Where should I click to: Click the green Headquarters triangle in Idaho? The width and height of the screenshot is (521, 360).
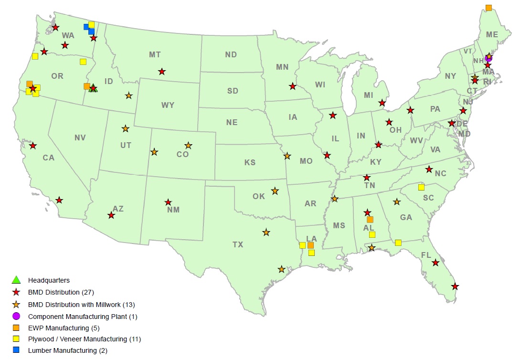94,88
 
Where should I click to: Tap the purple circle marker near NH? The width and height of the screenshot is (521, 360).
488,59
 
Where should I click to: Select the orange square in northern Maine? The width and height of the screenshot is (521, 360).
489,8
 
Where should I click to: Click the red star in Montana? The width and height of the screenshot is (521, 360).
162,72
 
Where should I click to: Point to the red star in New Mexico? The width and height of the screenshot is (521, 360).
168,202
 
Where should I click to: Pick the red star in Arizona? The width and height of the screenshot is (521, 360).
111,216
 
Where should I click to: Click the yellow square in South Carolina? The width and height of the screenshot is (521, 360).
421,187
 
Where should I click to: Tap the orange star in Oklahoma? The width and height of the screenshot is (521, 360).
275,191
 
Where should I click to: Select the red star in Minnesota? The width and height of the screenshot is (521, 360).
292,86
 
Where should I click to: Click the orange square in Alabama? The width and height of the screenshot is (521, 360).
370,220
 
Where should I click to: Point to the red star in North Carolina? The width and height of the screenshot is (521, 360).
429,169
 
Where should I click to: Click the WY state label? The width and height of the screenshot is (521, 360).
168,105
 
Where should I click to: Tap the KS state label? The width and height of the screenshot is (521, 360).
250,162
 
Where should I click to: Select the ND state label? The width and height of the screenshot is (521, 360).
231,55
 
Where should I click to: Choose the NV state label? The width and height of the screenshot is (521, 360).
80,138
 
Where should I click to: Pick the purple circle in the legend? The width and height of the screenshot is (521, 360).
16,316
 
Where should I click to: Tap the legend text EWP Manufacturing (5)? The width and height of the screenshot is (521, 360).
64,328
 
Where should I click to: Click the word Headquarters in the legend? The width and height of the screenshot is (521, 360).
49,280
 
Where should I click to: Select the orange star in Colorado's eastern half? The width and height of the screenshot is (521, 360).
189,145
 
